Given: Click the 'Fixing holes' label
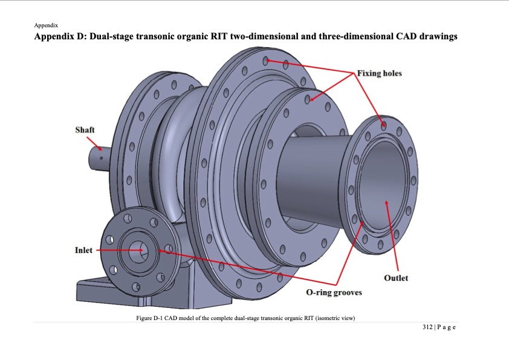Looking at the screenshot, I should pos(380,73).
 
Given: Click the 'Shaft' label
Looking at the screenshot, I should pos(85,130).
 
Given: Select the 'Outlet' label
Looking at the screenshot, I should pos(396,278).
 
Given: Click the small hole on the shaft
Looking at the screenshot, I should pos(102,158).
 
